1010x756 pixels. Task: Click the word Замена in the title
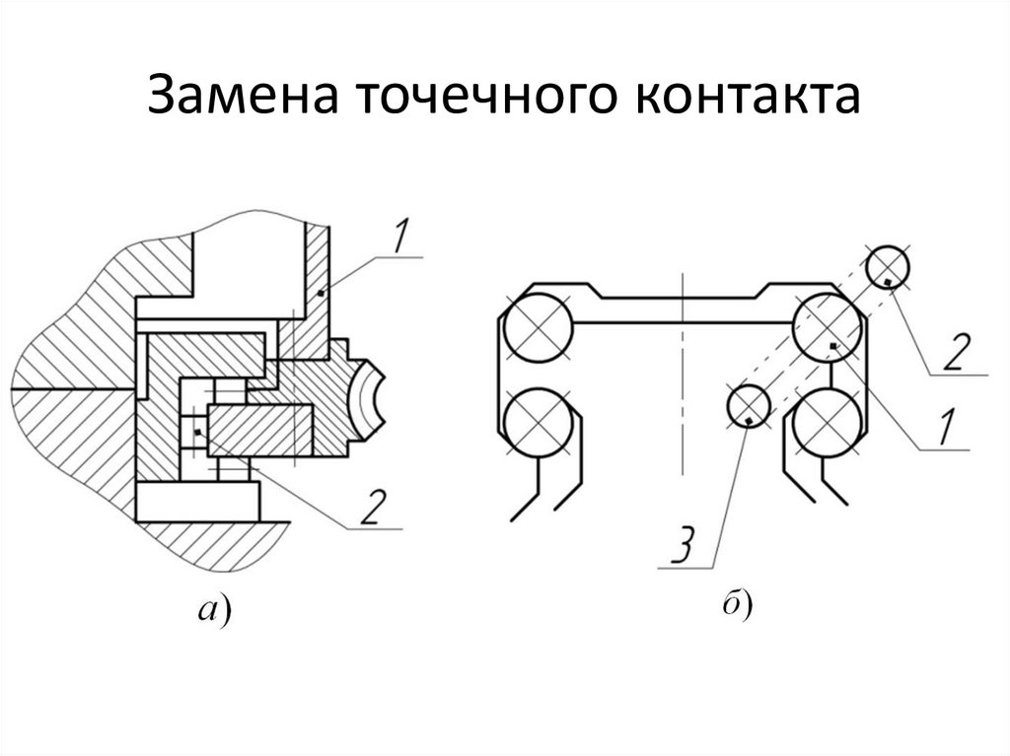pyautogui.click(x=244, y=95)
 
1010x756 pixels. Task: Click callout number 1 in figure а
pyautogui.click(x=400, y=237)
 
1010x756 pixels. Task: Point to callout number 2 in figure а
pyautogui.click(x=374, y=508)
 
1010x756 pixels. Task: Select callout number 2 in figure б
pyautogui.click(x=957, y=352)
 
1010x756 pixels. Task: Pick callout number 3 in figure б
pyautogui.click(x=685, y=545)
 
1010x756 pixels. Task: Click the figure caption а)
pyautogui.click(x=214, y=609)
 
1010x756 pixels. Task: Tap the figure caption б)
pyautogui.click(x=737, y=604)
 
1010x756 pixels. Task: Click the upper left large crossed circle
pyautogui.click(x=539, y=328)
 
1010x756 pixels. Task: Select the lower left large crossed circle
pyautogui.click(x=539, y=423)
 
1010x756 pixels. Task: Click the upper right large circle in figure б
pyautogui.click(x=828, y=328)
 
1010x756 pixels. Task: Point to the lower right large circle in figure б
pyautogui.click(x=828, y=423)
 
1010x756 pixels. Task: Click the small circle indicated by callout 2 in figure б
pyautogui.click(x=888, y=266)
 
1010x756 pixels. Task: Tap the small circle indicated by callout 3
pyautogui.click(x=749, y=406)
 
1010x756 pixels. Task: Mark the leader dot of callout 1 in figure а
pyautogui.click(x=321, y=294)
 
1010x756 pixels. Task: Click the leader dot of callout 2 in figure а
pyautogui.click(x=198, y=432)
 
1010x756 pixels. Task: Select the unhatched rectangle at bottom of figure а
pyautogui.click(x=197, y=501)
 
